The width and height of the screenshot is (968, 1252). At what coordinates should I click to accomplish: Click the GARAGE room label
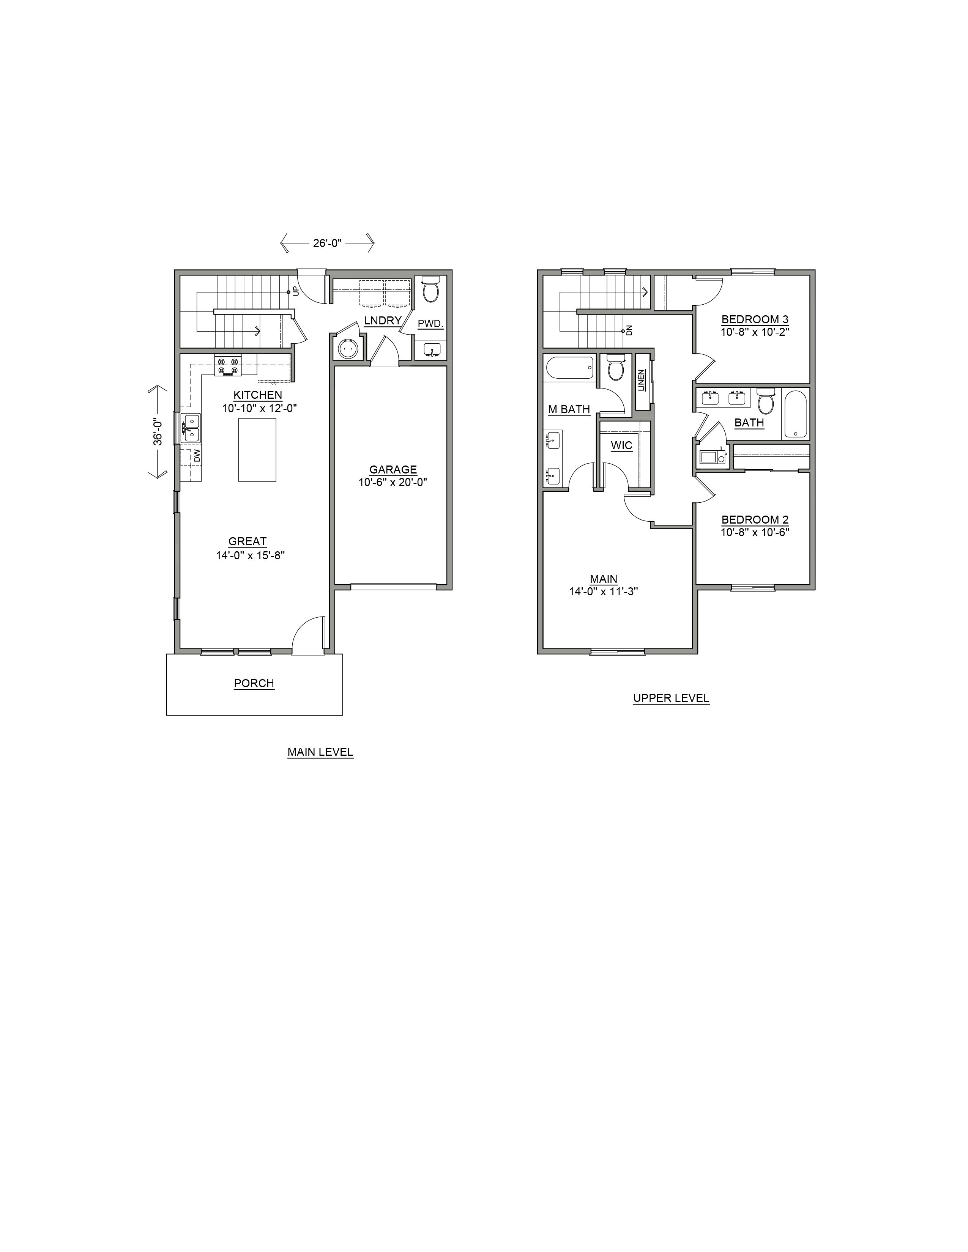pyautogui.click(x=393, y=470)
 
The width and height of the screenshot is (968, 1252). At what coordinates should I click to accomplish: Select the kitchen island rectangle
pyautogui.click(x=257, y=450)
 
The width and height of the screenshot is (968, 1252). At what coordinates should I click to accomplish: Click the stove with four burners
pyautogui.click(x=228, y=366)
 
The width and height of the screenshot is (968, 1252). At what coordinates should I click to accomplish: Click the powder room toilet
pyautogui.click(x=430, y=289)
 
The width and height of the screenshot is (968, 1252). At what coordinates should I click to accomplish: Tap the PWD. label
pyautogui.click(x=430, y=324)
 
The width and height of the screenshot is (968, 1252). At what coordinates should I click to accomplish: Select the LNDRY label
pyautogui.click(x=383, y=321)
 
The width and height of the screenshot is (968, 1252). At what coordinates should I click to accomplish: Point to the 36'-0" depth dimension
pyautogui.click(x=158, y=432)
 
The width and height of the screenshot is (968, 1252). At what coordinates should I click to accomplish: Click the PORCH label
pyautogui.click(x=254, y=683)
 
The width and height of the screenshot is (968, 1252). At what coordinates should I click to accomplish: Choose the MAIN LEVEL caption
pyautogui.click(x=320, y=752)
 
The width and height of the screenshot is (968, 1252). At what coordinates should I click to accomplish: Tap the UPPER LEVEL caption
pyautogui.click(x=671, y=698)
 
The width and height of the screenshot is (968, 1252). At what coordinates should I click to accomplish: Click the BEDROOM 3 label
pyautogui.click(x=755, y=319)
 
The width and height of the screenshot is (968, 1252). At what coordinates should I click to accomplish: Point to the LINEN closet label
pyautogui.click(x=641, y=380)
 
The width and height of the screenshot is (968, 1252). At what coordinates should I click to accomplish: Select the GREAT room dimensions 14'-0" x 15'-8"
pyautogui.click(x=251, y=555)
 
